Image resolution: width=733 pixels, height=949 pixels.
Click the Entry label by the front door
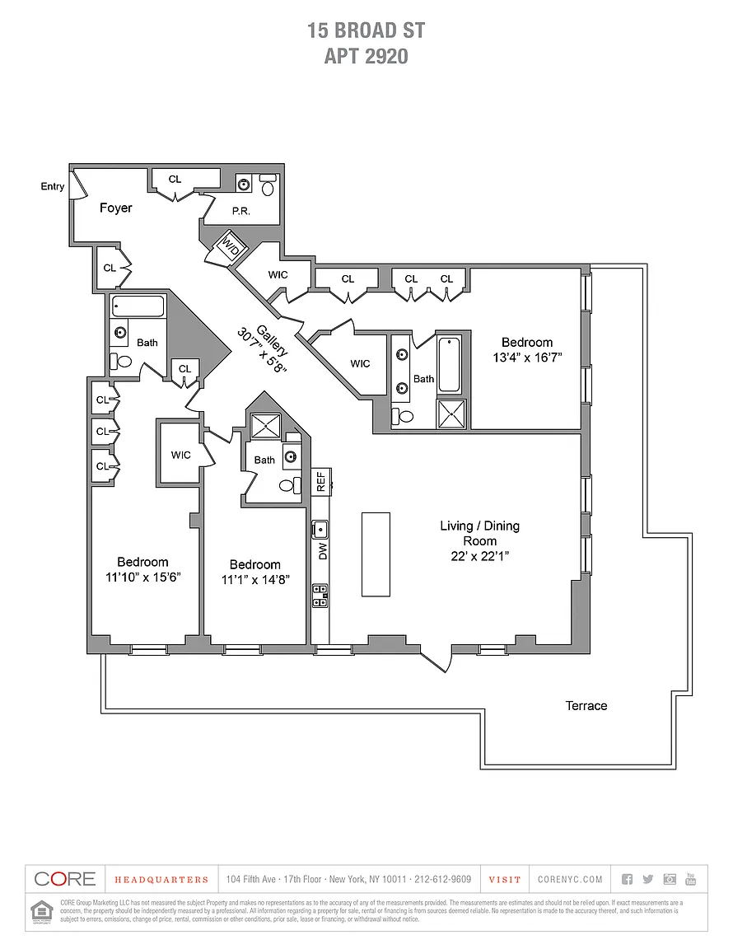(53, 187)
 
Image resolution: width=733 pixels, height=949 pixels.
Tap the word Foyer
(115, 208)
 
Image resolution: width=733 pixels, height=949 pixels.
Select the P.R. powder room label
(240, 211)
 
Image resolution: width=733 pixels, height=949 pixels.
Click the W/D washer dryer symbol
(228, 245)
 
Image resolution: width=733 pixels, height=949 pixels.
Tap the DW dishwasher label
(322, 550)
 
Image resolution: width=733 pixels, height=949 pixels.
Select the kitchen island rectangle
(376, 554)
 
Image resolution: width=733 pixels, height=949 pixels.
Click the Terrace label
(586, 706)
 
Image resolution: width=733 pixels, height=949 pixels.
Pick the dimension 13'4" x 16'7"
(527, 358)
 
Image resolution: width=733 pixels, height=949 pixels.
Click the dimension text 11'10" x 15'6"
(142, 577)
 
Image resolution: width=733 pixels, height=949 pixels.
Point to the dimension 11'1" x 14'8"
(254, 579)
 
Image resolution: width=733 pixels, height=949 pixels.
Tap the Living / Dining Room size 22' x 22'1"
(479, 556)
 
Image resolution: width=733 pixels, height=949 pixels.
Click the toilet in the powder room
(269, 188)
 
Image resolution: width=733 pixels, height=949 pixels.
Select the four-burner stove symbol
(320, 595)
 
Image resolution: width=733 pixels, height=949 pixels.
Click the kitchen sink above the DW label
(320, 529)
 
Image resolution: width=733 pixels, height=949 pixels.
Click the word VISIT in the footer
(505, 880)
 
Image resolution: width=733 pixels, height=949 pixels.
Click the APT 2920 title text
(366, 56)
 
